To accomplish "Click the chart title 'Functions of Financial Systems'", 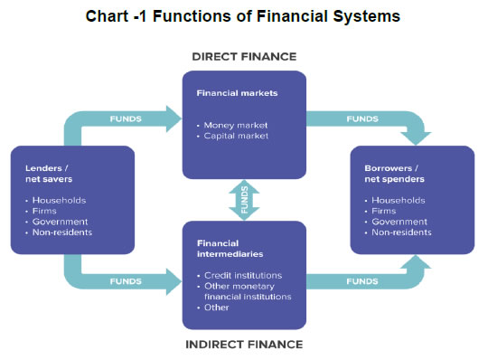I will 244,16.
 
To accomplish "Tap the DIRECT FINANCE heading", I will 244,56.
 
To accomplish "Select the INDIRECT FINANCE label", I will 244,344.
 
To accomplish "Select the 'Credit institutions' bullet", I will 243,274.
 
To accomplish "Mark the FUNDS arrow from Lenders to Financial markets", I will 127,118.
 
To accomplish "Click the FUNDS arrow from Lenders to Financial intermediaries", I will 127,280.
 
